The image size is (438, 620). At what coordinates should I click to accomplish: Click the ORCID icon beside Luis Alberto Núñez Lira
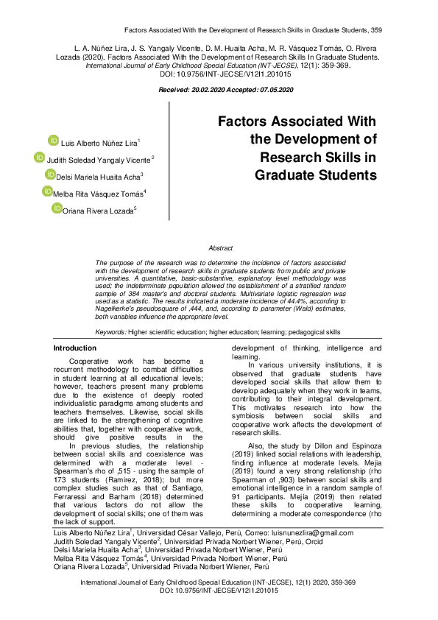click(x=53, y=141)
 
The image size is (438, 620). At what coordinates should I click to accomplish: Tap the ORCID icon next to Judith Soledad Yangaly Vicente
click(x=40, y=158)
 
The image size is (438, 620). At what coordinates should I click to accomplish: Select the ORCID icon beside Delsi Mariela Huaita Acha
click(x=50, y=175)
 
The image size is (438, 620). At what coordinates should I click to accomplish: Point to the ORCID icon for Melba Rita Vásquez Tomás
click(x=47, y=191)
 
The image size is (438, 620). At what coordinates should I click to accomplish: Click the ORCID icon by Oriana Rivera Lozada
click(x=57, y=208)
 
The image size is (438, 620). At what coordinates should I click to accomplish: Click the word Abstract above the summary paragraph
click(x=220, y=249)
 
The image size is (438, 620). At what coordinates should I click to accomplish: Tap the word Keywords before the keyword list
click(x=110, y=332)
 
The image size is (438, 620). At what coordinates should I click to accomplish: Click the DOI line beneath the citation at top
click(x=219, y=74)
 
